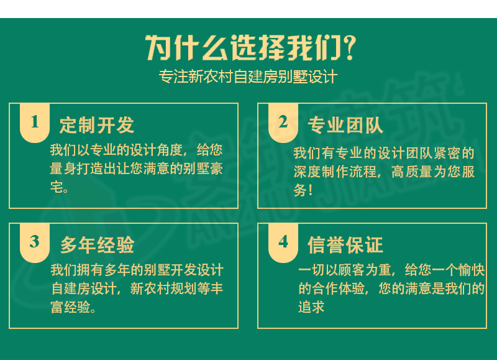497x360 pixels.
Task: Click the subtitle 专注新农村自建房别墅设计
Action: click(x=248, y=77)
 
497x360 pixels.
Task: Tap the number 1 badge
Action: click(x=35, y=122)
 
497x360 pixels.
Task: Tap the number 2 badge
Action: click(x=283, y=122)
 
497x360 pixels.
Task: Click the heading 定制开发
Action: click(x=97, y=125)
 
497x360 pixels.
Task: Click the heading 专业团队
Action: click(x=345, y=125)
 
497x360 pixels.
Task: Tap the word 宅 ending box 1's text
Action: click(x=57, y=187)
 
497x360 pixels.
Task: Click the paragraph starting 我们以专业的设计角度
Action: click(x=136, y=168)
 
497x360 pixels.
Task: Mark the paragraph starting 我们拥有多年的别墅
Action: click(x=136, y=288)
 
